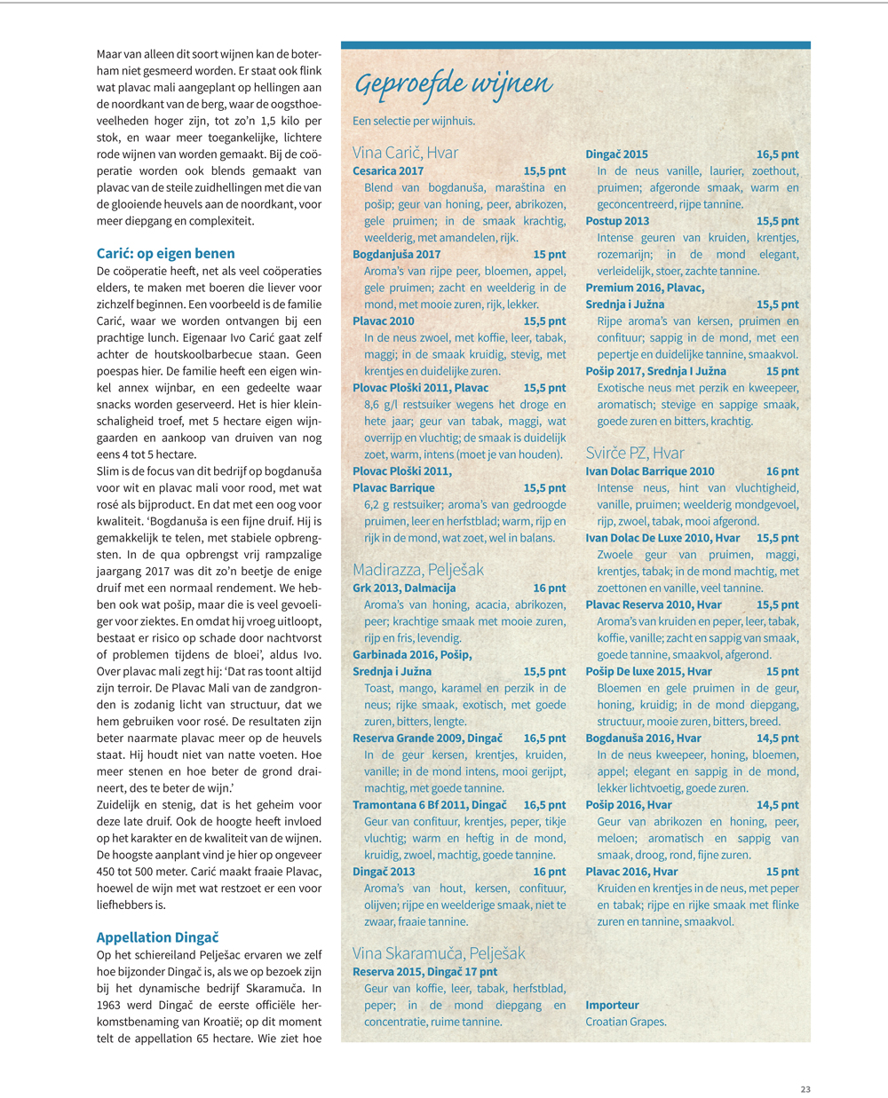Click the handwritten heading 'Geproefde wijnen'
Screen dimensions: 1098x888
tap(453, 84)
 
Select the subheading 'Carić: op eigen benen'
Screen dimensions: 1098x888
tap(165, 253)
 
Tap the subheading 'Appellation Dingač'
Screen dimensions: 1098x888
tap(157, 936)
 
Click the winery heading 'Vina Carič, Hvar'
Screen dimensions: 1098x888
tap(405, 152)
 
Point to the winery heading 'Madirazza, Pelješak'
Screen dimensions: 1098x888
tap(418, 569)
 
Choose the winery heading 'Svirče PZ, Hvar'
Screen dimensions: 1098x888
tap(635, 452)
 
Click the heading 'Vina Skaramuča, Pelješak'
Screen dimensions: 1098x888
tap(439, 952)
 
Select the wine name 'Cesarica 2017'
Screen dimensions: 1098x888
tap(388, 170)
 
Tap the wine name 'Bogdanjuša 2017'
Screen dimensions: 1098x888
tap(396, 254)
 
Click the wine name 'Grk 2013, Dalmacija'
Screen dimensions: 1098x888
tap(404, 588)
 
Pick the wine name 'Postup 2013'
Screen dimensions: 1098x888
tap(617, 221)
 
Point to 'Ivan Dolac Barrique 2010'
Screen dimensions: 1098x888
tap(649, 471)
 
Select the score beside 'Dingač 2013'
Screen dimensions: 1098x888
tap(549, 871)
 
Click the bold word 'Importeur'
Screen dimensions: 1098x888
tap(612, 1005)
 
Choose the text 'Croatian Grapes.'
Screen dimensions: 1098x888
tap(626, 1021)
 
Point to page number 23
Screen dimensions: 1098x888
tap(805, 1089)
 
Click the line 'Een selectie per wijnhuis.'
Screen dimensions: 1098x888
tap(414, 121)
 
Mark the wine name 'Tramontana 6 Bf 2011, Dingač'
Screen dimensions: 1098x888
tap(429, 804)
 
